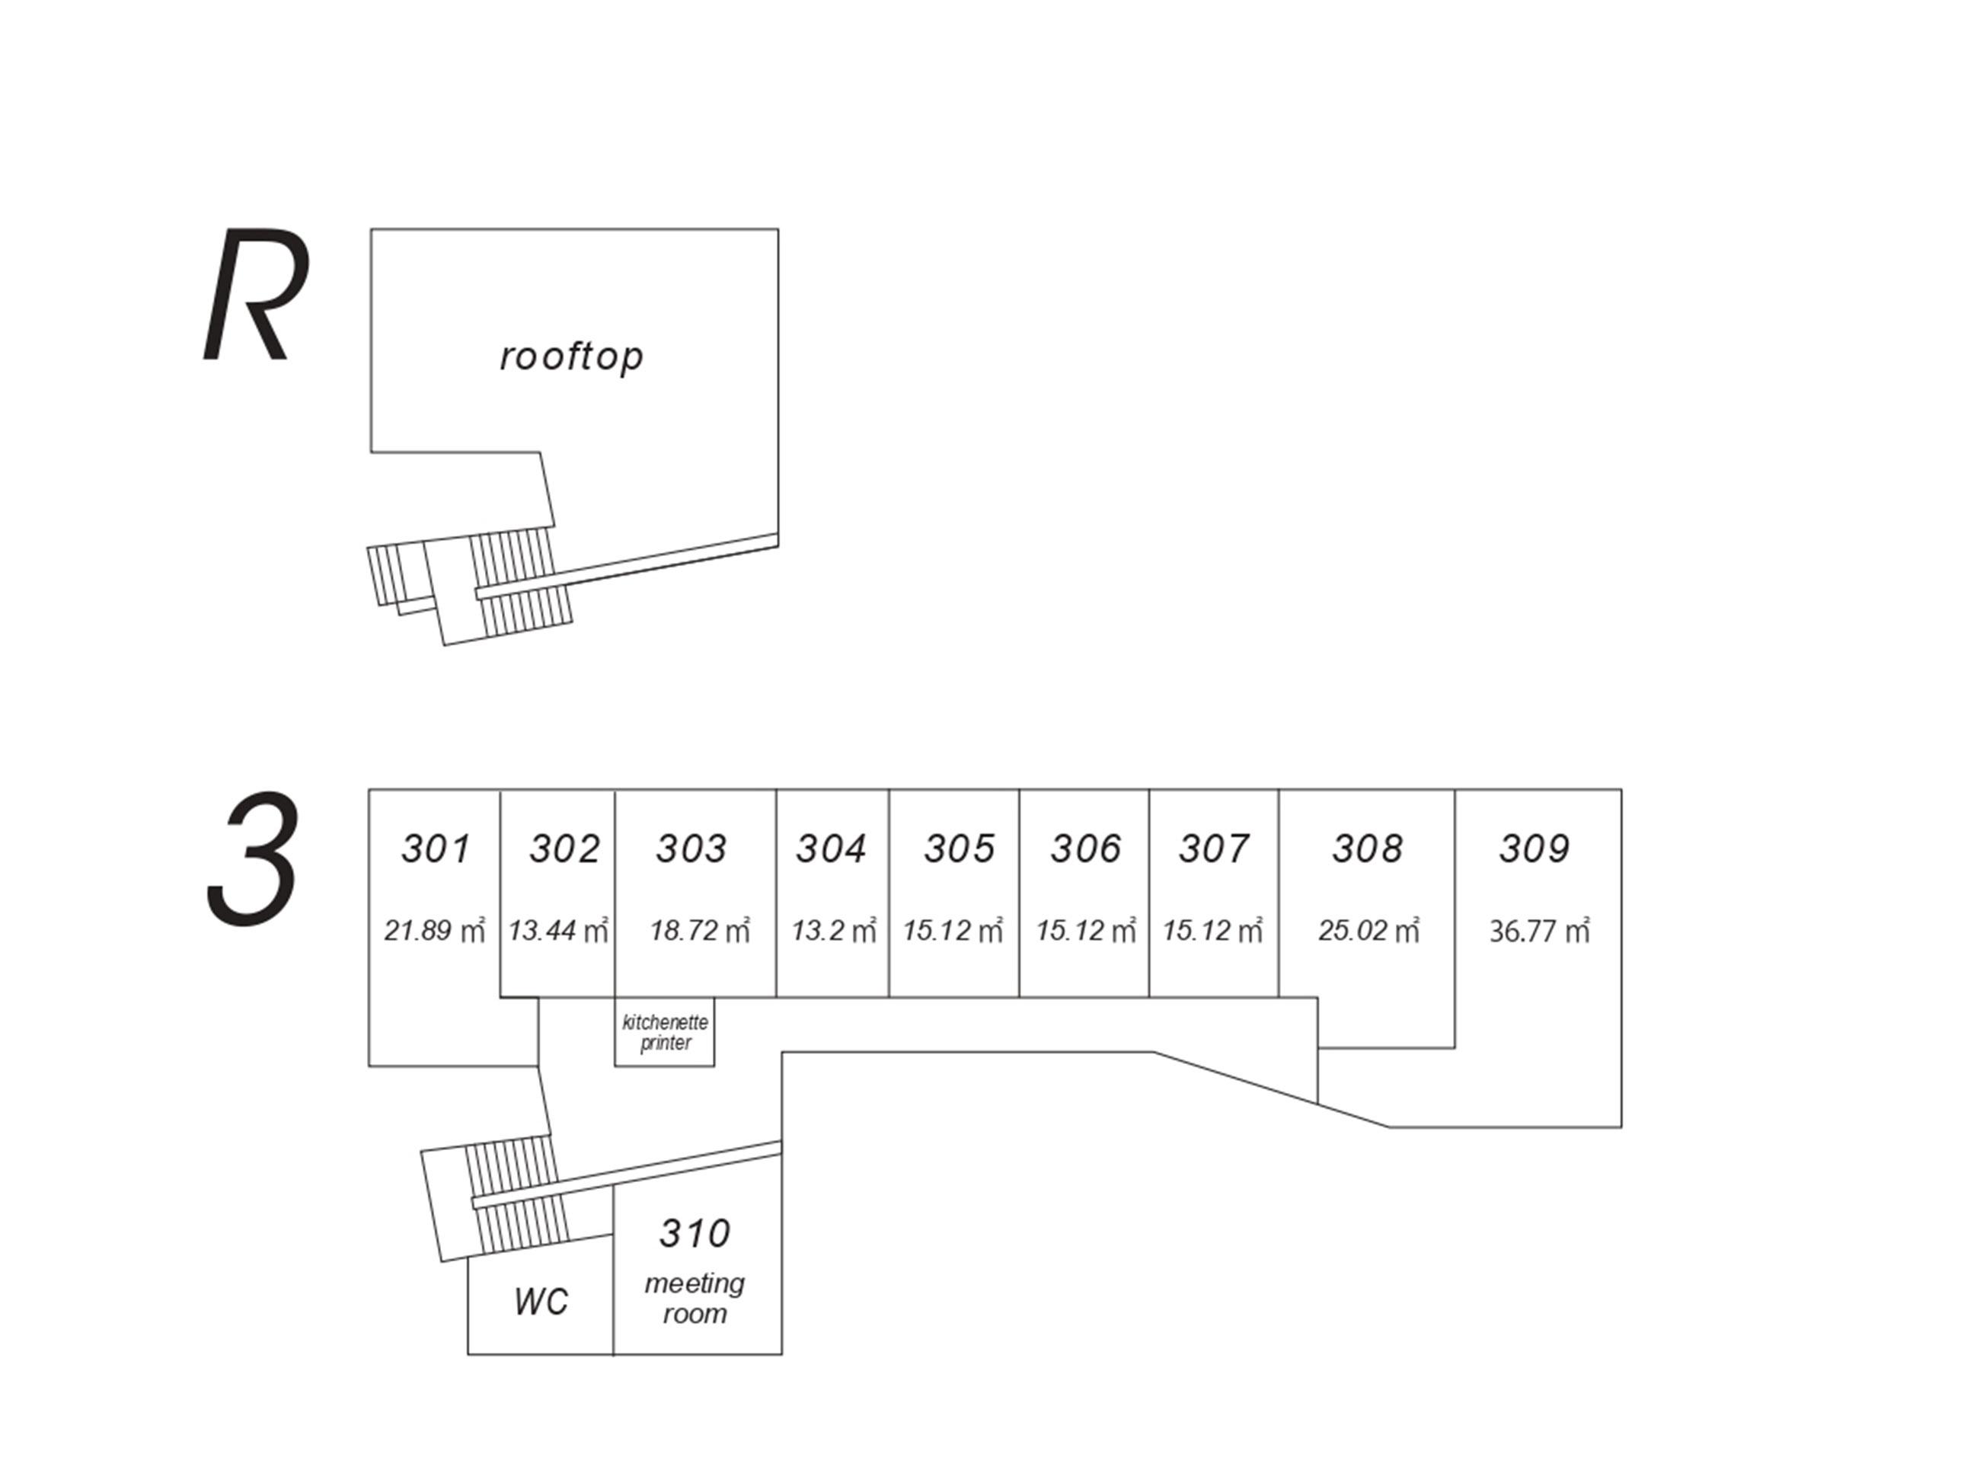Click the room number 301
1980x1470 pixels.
point(435,849)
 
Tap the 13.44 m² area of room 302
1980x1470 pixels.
point(557,931)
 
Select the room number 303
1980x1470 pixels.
point(691,849)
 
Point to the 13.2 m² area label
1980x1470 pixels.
point(833,931)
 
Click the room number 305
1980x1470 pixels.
point(959,849)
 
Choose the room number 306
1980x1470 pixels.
point(1086,849)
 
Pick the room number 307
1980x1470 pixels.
point(1214,849)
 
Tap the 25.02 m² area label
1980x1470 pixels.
point(1368,931)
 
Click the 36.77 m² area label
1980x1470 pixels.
point(1539,931)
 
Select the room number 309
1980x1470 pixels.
point(1534,849)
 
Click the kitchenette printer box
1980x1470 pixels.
point(665,1032)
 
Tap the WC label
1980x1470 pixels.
point(540,1302)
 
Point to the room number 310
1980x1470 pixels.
point(695,1233)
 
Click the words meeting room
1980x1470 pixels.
point(695,1299)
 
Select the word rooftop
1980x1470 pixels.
point(572,356)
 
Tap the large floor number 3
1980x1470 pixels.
point(254,860)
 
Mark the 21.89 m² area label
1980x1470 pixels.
point(434,931)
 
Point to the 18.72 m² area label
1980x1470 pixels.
point(699,931)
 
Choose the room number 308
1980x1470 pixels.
point(1367,849)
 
